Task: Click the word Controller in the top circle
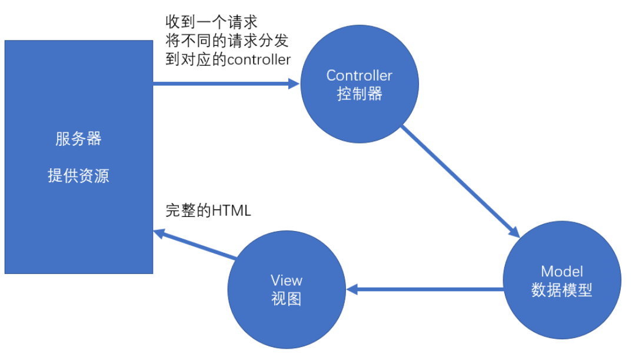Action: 359,75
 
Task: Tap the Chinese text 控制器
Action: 359,93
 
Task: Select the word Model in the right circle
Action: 561,271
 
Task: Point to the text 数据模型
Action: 561,290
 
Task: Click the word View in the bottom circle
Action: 286,280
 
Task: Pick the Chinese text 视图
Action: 286,299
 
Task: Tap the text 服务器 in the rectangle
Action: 78,139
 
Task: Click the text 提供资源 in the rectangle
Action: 78,176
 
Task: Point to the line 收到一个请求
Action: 211,23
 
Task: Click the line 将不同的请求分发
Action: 227,41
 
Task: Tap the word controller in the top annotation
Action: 259,60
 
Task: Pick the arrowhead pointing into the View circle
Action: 351,289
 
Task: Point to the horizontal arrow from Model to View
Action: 427,289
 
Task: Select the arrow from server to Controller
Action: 224,84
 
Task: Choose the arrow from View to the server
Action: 197,245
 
